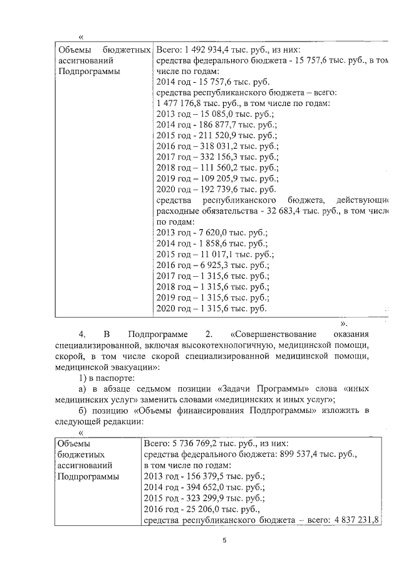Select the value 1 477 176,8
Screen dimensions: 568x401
click(x=182, y=104)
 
